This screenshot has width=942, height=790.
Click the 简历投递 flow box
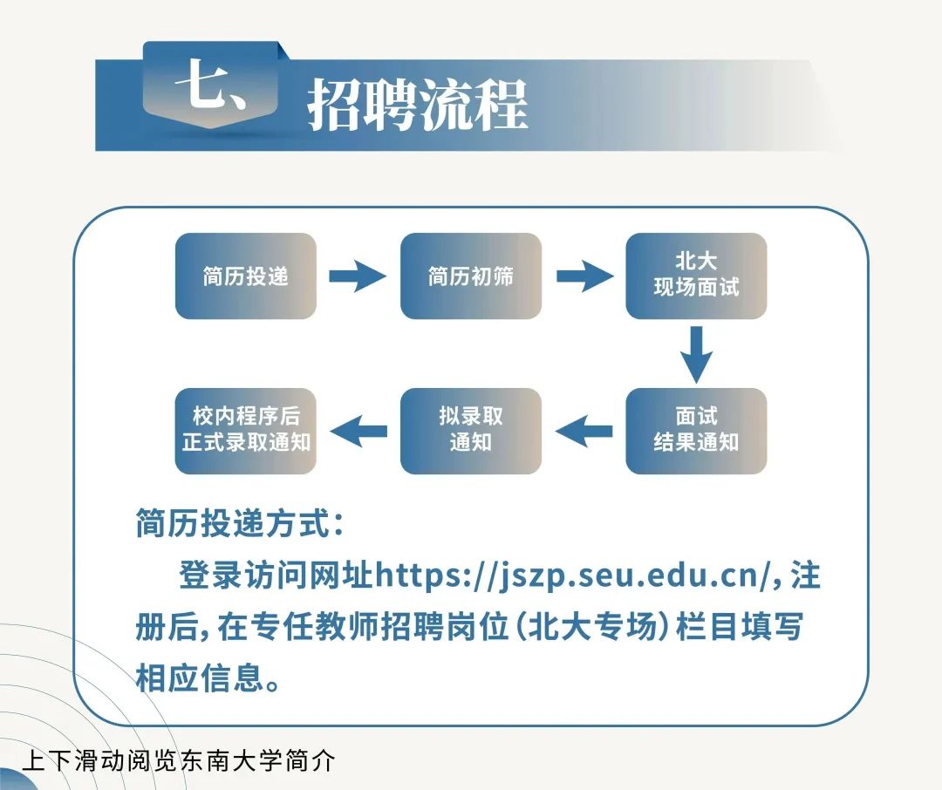(x=245, y=276)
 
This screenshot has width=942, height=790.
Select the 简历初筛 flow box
(x=470, y=276)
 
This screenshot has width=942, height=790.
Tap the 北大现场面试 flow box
(x=696, y=276)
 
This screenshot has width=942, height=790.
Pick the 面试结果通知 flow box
(x=696, y=430)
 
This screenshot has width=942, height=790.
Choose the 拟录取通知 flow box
(x=470, y=430)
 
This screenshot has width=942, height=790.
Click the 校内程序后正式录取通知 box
(x=245, y=430)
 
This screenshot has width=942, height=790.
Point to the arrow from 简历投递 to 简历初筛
(x=357, y=276)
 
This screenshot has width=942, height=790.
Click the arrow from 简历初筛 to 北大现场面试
(x=584, y=276)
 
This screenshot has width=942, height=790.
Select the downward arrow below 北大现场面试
(x=696, y=354)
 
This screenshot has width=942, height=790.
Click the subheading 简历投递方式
(x=240, y=526)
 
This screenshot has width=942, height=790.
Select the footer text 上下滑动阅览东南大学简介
(x=178, y=759)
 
